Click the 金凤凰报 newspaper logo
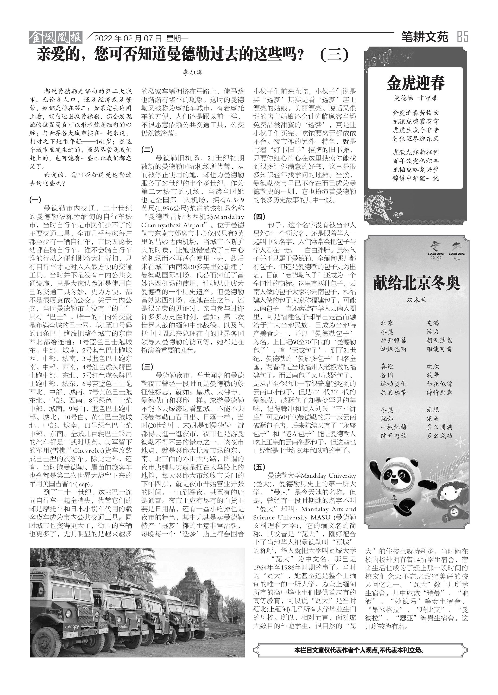[x=56, y=38]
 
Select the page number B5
[x=462, y=37]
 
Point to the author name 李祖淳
[x=193, y=73]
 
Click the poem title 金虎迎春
[x=415, y=83]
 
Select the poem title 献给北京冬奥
[x=416, y=283]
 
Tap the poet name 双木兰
[x=416, y=300]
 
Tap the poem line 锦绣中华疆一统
[x=416, y=178]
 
